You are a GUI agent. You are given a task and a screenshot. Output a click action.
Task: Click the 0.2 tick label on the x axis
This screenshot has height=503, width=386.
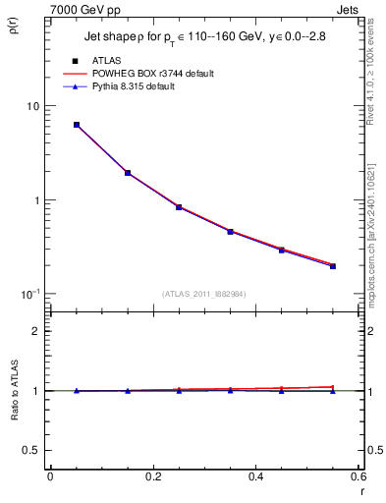point(152,478)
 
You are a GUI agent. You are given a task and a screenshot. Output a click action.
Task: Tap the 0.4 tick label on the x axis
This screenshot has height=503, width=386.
point(255,478)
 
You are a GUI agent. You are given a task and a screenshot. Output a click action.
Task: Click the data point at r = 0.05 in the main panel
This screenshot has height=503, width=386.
point(77,125)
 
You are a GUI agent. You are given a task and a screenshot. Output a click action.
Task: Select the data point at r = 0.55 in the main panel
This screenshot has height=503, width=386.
point(333,265)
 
